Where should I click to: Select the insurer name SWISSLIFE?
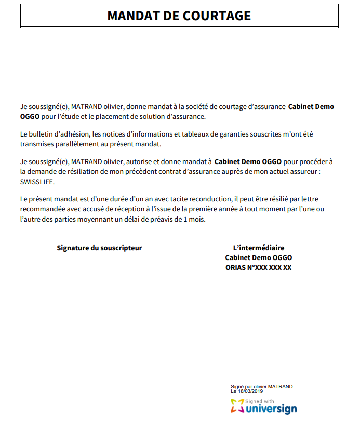[x=37, y=182]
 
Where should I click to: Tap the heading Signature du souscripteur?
[x=99, y=248]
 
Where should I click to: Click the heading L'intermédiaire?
[x=259, y=248]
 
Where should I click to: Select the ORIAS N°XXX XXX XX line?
[x=259, y=267]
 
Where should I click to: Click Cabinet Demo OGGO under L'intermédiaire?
[x=259, y=258]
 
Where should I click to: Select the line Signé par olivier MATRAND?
[x=262, y=387]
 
